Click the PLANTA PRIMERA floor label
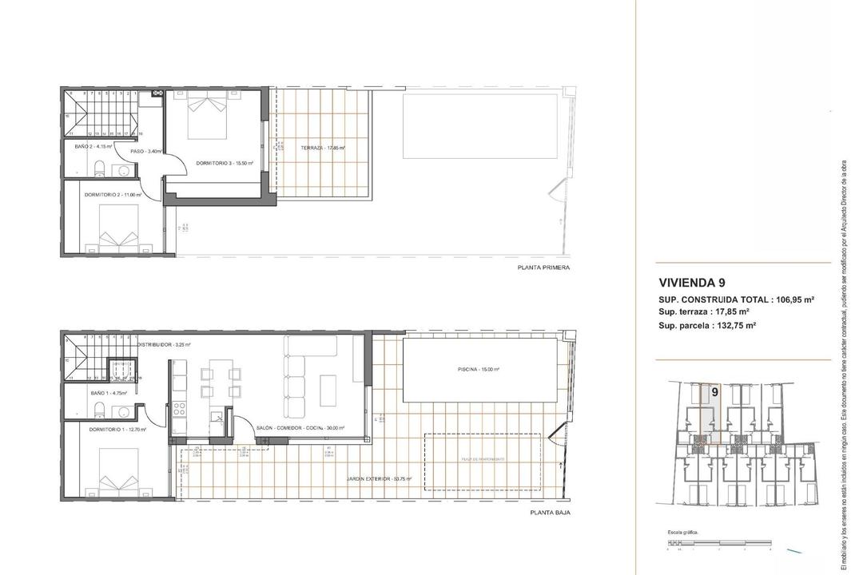point(543,268)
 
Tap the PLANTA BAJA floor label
point(550,514)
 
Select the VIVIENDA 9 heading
point(692,282)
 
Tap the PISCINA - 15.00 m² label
point(481,370)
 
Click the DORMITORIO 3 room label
point(225,163)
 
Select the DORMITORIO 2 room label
point(113,194)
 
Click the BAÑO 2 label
point(90,147)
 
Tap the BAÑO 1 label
point(91,393)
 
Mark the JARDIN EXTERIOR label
point(379,479)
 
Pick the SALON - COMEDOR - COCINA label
point(300,428)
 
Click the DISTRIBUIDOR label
point(163,345)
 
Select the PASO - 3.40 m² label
point(146,151)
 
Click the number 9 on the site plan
point(713,392)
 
